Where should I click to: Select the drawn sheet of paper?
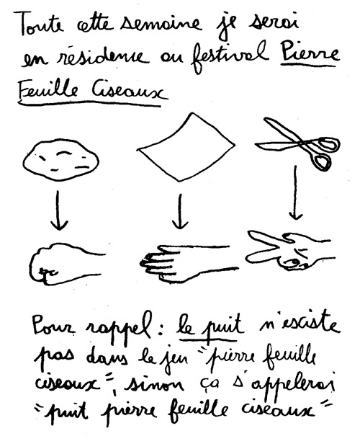point(186,147)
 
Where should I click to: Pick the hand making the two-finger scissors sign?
point(289,250)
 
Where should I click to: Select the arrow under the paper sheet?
point(181,211)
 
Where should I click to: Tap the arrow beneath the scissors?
point(295,192)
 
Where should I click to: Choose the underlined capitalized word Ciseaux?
point(130,91)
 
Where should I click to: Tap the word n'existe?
point(300,323)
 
